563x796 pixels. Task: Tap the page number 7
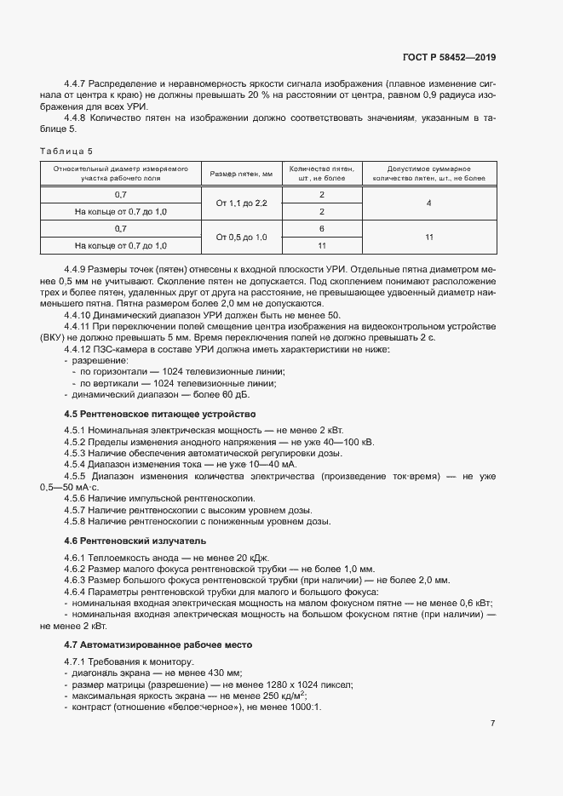coord(493,723)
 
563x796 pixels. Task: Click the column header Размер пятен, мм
coord(242,175)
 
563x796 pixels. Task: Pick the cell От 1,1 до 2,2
coord(242,203)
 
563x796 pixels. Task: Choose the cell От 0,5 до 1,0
coord(242,237)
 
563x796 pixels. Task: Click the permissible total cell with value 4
coord(429,203)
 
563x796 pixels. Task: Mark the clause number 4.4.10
coord(79,315)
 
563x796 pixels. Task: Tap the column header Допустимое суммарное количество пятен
coord(429,175)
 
